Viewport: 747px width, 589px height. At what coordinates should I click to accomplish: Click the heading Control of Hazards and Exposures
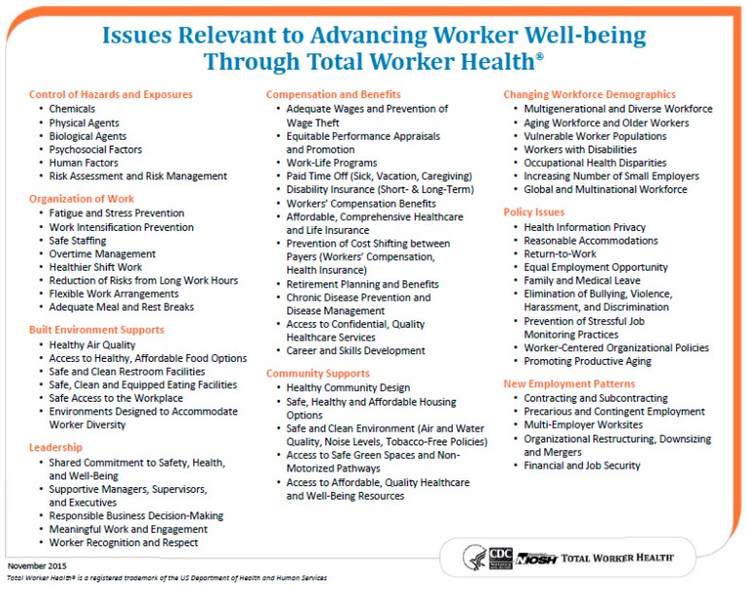click(x=111, y=94)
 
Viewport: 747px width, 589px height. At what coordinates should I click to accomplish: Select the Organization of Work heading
click(x=82, y=198)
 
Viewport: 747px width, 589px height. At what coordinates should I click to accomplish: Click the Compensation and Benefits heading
click(x=333, y=94)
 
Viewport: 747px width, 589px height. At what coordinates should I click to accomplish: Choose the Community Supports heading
click(x=318, y=373)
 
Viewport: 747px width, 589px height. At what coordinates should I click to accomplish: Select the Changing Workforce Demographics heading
click(x=589, y=94)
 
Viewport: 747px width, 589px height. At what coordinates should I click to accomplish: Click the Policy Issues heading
click(x=533, y=212)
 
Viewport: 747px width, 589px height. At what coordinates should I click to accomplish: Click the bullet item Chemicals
click(x=72, y=109)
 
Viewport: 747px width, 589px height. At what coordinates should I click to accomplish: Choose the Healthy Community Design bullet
click(x=348, y=387)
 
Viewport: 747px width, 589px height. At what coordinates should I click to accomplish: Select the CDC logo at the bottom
click(x=499, y=556)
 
